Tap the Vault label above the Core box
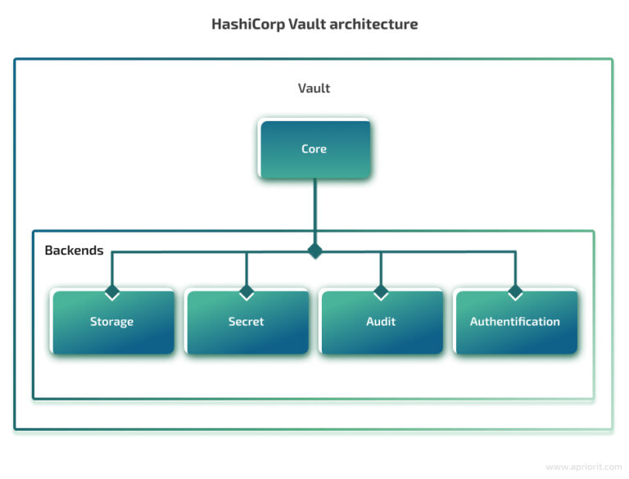point(314,88)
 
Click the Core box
point(314,149)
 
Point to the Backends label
point(74,250)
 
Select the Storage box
point(112,322)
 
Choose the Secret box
point(247,322)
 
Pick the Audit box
point(381,322)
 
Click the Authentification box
point(515,322)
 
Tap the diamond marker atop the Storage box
point(112,291)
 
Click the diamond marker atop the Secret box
point(247,291)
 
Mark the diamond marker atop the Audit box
point(381,291)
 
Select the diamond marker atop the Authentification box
point(515,291)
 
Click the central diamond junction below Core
point(314,251)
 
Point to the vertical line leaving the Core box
point(314,209)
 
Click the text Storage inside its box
point(112,322)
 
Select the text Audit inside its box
point(381,322)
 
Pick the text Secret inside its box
point(247,322)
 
